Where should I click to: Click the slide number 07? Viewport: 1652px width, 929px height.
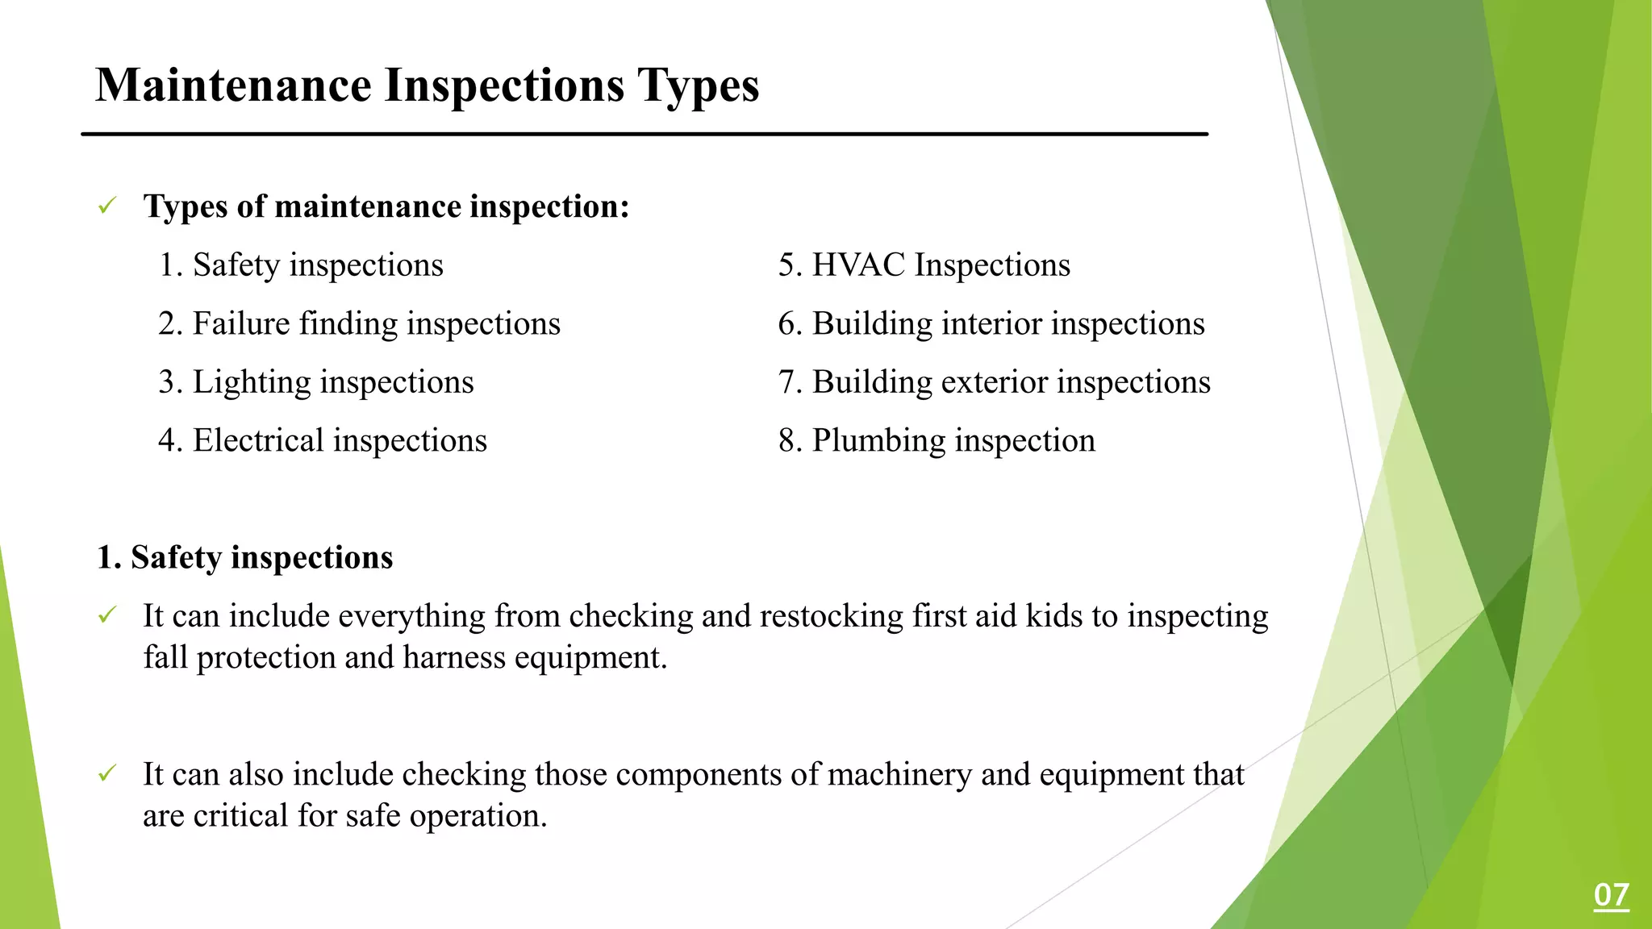pos(1611,895)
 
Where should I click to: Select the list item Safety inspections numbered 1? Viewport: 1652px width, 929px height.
pos(301,265)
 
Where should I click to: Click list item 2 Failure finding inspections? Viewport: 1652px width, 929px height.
pos(359,324)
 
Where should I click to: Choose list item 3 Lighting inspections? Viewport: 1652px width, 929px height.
pos(316,382)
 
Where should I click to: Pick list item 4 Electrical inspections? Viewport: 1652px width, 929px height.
pos(323,441)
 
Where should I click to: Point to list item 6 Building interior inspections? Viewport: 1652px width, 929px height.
pos(991,324)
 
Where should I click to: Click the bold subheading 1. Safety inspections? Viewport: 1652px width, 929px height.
pos(244,557)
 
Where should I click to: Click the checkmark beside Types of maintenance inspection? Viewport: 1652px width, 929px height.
pos(107,206)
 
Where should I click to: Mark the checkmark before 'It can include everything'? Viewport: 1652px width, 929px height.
pos(107,615)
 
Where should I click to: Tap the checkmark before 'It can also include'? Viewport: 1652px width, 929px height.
pos(107,773)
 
